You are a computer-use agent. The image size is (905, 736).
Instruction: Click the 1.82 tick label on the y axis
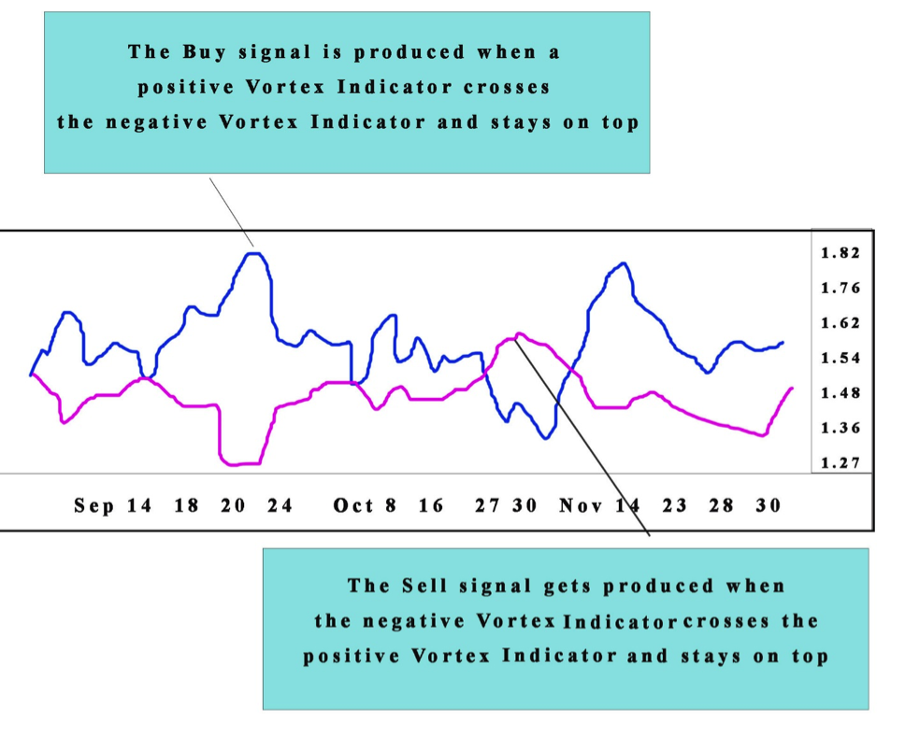point(840,253)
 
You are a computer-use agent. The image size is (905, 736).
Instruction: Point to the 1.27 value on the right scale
point(840,463)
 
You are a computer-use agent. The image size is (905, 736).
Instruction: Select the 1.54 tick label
point(840,359)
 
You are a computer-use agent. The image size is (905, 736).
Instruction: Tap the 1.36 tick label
point(840,429)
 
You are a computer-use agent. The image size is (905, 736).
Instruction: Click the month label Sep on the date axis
point(94,506)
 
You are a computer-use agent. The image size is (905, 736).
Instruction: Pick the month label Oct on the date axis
point(352,506)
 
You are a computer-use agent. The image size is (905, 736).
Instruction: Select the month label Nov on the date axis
point(582,506)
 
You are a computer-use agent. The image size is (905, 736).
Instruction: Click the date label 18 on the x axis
point(187,506)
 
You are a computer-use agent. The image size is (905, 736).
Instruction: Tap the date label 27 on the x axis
point(487,506)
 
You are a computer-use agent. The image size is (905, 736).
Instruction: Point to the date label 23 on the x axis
point(675,506)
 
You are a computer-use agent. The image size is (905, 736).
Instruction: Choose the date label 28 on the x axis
point(722,506)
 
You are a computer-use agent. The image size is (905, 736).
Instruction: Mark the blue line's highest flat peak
point(251,253)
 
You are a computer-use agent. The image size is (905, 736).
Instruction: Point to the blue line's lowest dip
point(546,437)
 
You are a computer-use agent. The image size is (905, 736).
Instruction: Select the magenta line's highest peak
point(518,333)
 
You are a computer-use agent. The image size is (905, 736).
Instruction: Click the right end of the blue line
point(783,343)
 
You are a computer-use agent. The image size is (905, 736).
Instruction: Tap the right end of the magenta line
point(793,388)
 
